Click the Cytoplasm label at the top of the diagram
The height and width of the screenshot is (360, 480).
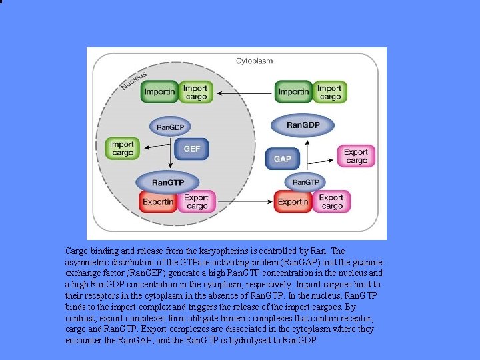tap(255, 61)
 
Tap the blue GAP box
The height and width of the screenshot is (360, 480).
tap(282, 159)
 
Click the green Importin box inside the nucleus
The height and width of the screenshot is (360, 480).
tap(159, 91)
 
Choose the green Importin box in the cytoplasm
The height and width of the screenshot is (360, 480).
tap(294, 92)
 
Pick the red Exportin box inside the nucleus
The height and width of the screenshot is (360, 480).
tap(158, 201)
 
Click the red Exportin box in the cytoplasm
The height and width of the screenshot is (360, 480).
tap(293, 201)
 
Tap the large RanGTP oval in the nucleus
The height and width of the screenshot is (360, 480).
tap(168, 182)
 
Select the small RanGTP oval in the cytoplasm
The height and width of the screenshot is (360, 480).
tap(306, 182)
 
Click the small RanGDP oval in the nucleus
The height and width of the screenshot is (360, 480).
tap(171, 127)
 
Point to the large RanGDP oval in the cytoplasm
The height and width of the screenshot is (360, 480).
tap(303, 125)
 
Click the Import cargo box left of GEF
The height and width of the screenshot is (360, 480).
tap(122, 148)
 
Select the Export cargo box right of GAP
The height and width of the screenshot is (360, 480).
tap(356, 156)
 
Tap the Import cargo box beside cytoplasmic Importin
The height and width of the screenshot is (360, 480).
tap(329, 92)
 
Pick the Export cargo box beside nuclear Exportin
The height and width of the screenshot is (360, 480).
tap(196, 201)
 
